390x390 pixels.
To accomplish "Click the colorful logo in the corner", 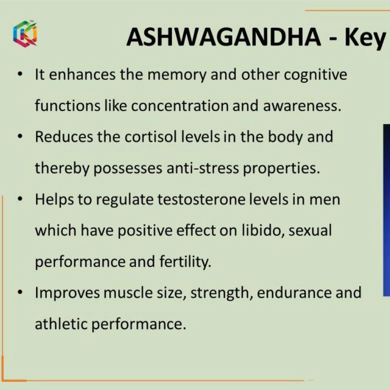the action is [x=25, y=33].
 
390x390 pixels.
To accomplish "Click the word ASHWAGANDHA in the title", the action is [x=223, y=37].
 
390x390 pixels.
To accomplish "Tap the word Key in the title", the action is [x=364, y=38].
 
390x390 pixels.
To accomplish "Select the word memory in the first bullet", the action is [x=177, y=75].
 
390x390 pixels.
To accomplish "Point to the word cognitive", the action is [x=315, y=75].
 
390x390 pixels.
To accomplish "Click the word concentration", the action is [x=180, y=106].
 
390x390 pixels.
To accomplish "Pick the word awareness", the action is [x=302, y=106].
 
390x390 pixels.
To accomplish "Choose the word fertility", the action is [x=185, y=262].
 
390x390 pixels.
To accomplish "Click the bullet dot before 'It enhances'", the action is [x=21, y=74].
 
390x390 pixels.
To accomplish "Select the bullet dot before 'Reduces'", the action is [x=21, y=136].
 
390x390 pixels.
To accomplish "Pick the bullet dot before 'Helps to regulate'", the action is [x=21, y=199].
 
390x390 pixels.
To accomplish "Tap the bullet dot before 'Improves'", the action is [x=21, y=292].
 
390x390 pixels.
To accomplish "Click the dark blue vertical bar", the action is [x=387, y=210].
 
